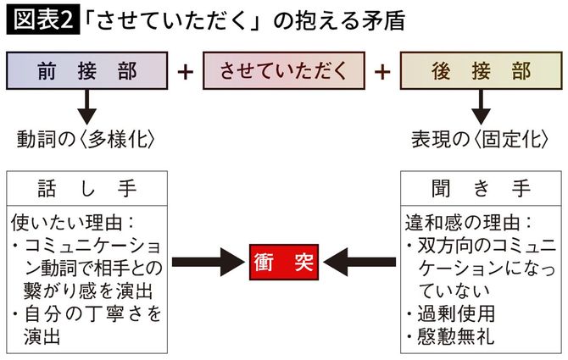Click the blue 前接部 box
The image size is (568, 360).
(87, 70)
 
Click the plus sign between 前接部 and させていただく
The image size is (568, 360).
(186, 71)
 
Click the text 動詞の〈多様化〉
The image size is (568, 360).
(86, 137)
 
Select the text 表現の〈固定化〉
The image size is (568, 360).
(481, 137)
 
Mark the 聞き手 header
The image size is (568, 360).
(480, 189)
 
